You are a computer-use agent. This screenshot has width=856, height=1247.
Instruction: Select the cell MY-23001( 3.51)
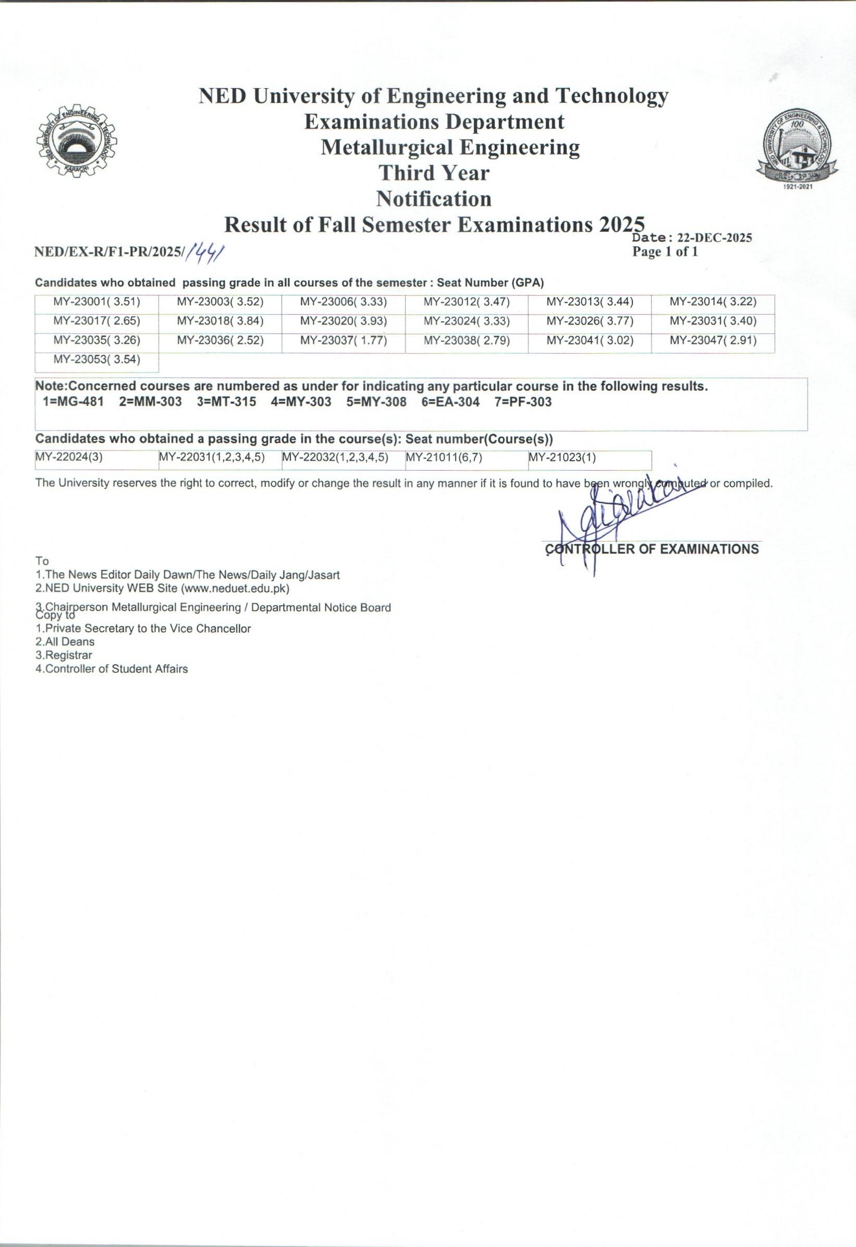pos(96,302)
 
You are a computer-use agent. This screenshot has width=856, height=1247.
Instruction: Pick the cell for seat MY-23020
pos(343,321)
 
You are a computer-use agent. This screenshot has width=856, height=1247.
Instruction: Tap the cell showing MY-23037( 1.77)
pos(343,340)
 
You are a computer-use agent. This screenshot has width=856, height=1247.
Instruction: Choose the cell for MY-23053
pos(96,359)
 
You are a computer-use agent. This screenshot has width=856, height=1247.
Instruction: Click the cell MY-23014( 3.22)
pos(713,302)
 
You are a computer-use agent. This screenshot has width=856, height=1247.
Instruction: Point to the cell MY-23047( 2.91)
pos(713,340)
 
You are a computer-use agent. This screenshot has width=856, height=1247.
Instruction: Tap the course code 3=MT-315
pos(226,402)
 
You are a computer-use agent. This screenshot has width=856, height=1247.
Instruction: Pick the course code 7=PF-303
pos(523,402)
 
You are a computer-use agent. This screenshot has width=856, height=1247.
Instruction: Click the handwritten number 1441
pos(204,249)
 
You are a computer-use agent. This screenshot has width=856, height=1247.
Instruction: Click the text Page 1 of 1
pos(665,252)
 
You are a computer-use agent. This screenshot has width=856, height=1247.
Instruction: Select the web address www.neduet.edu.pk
pos(235,589)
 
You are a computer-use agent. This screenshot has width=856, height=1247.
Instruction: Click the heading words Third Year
pos(434,173)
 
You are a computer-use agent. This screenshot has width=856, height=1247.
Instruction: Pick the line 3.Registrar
pos(64,655)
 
